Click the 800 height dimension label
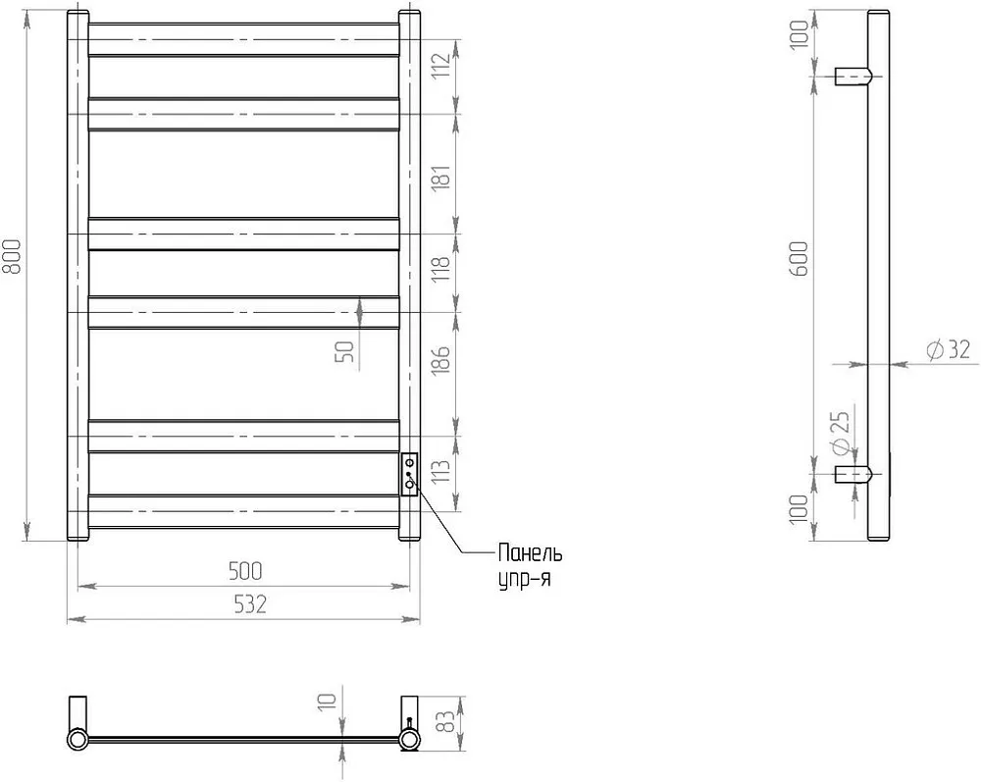coord(14,256)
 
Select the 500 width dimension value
coord(245,571)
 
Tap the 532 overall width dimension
coord(249,604)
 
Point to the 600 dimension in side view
coord(800,259)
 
